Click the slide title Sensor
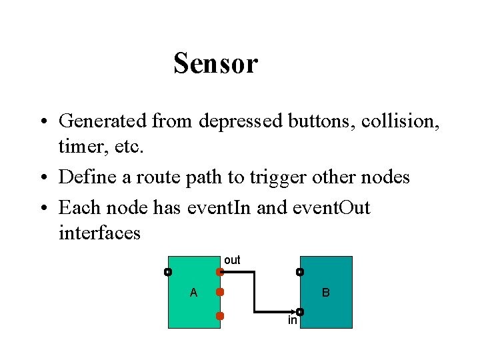215,64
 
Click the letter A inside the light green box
193,293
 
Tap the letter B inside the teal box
326,293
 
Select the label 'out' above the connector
232,260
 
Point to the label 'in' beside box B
292,321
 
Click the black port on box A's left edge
168,272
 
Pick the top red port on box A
219,272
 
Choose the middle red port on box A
219,292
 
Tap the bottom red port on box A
219,315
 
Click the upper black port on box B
300,272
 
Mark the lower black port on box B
300,311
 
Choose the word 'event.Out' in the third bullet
331,207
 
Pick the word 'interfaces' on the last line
99,233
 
